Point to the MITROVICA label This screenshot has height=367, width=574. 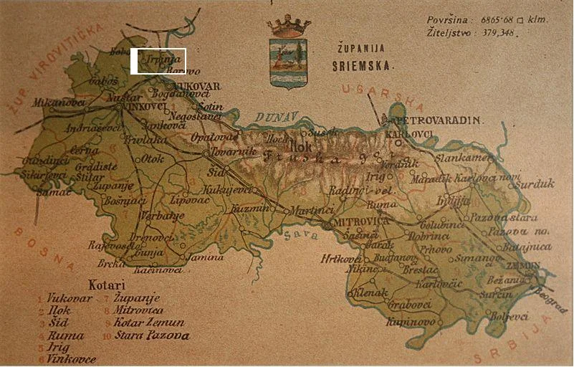360,222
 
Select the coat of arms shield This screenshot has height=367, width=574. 288,62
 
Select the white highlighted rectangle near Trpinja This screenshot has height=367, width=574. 158,61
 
